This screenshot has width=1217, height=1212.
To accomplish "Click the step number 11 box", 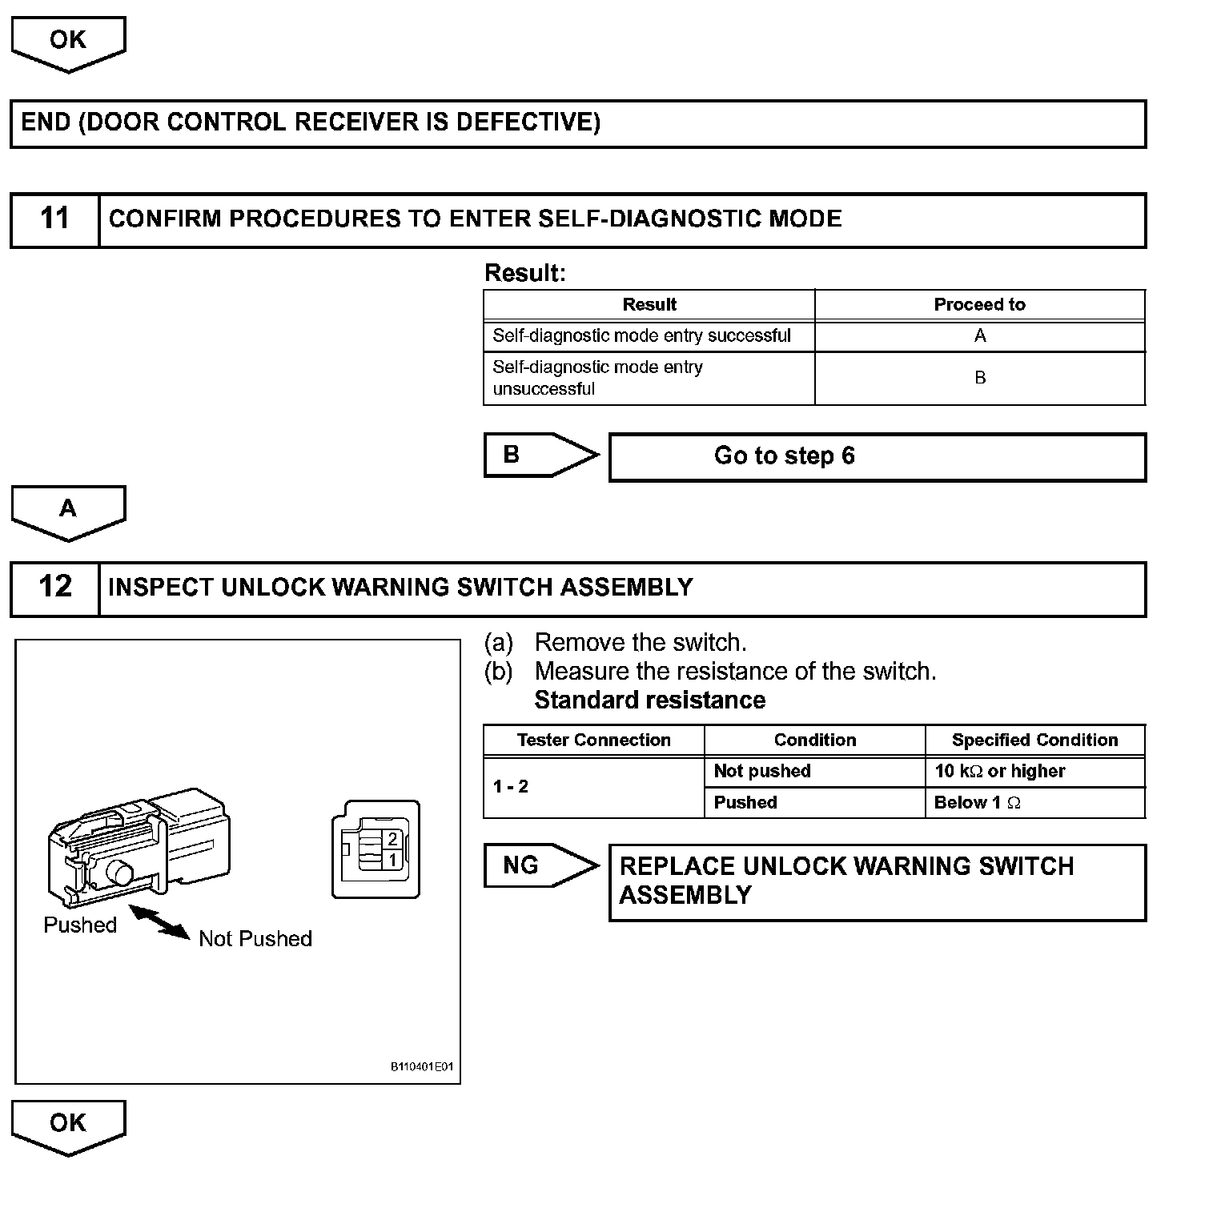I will (54, 219).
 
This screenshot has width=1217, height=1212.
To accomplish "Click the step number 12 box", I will (54, 588).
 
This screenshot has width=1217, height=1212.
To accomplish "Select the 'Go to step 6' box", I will (877, 456).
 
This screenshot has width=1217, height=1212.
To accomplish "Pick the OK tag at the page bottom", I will (68, 1125).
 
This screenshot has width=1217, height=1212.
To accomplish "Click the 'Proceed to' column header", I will (979, 305).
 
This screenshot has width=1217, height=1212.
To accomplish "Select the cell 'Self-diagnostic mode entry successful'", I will (649, 336).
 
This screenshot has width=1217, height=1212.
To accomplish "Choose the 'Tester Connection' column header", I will (593, 740).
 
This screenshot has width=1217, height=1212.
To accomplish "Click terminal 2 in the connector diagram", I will (392, 839).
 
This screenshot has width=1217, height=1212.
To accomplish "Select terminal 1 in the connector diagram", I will (392, 860).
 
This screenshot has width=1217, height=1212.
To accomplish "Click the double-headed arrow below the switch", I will (159, 921).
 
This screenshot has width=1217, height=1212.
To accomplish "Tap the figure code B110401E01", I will (421, 1067).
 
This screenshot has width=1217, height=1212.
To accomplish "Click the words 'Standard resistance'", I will (649, 700).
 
